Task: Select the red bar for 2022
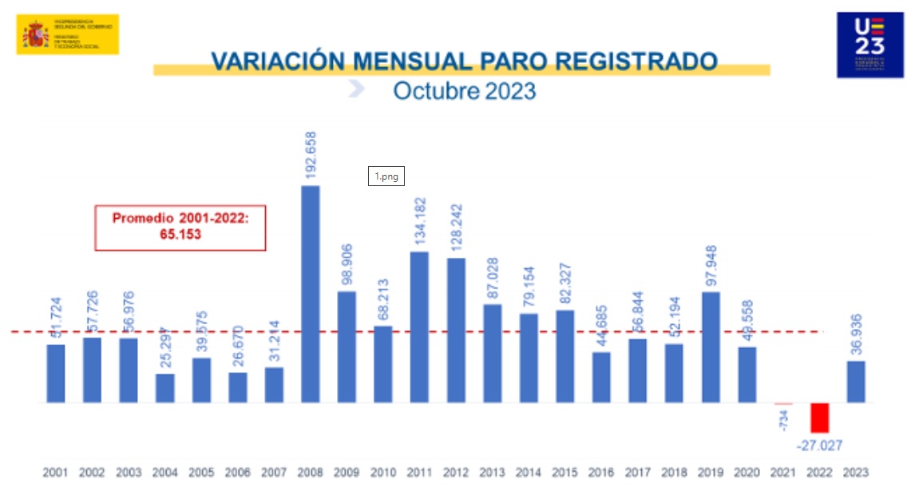[x=820, y=418]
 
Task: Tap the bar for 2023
[x=856, y=382]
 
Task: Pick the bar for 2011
[x=419, y=327]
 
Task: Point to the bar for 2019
[x=711, y=347]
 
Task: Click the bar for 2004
[x=165, y=388]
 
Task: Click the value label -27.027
[x=818, y=446]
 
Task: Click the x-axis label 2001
[x=56, y=473]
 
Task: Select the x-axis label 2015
[x=564, y=473]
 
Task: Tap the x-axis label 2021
[x=783, y=473]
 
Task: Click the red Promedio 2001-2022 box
[x=180, y=228]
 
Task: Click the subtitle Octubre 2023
[x=464, y=90]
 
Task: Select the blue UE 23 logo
[x=869, y=45]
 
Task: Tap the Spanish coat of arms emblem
[x=35, y=34]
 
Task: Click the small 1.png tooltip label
[x=386, y=176]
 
